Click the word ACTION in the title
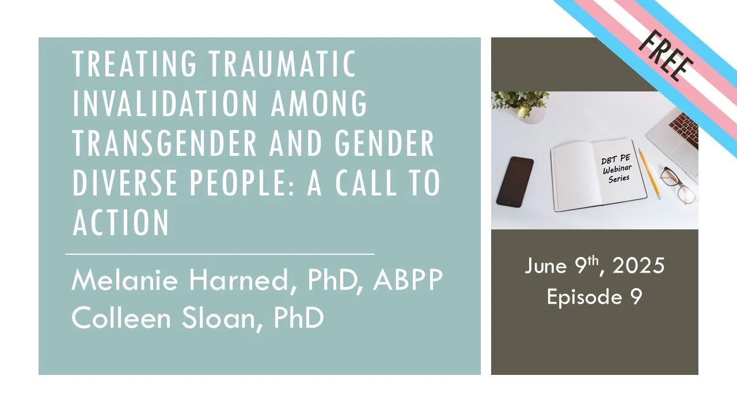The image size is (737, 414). point(121,222)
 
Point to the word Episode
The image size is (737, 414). point(582,297)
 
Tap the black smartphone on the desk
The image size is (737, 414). point(514,181)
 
